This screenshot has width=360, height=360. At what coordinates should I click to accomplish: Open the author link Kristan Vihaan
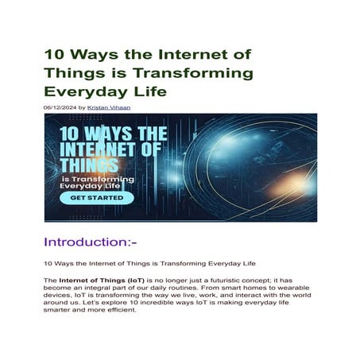(x=110, y=106)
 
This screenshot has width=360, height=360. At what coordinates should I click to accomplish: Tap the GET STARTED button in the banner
(x=96, y=196)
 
